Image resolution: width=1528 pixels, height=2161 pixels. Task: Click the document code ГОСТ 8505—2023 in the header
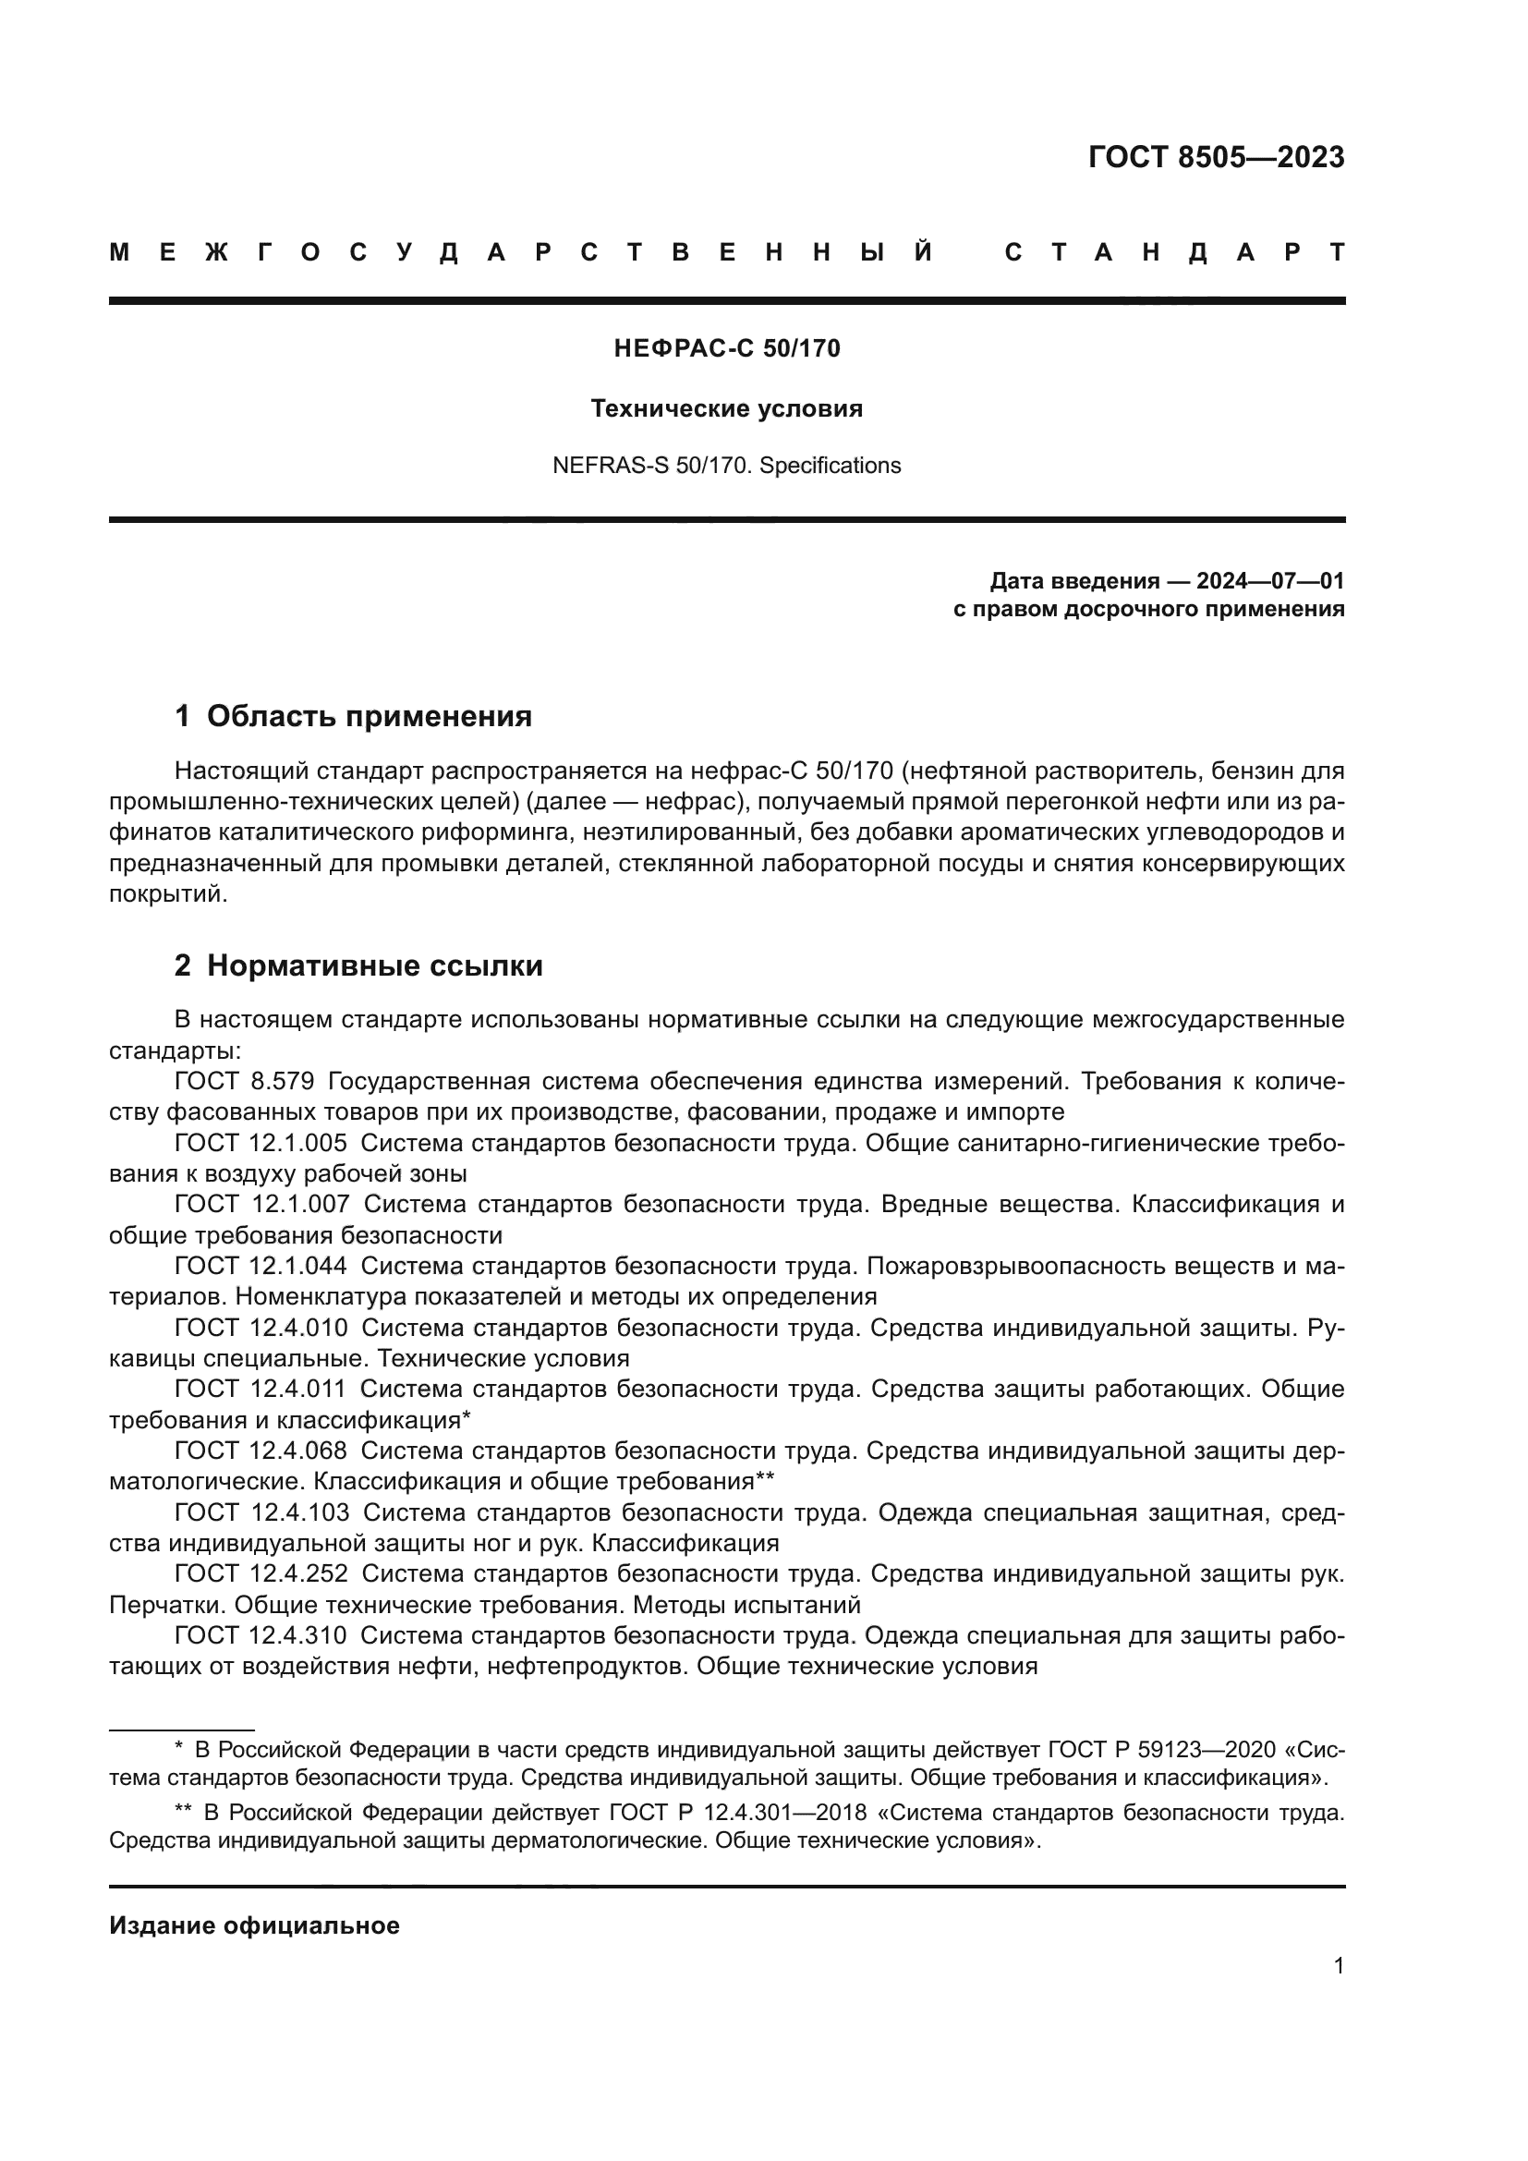click(x=1216, y=157)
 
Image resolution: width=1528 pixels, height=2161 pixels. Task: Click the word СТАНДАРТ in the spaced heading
click(x=1174, y=252)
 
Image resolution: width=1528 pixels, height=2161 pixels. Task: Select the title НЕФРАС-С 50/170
click(x=726, y=349)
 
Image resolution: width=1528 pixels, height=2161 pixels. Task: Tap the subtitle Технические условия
click(x=726, y=408)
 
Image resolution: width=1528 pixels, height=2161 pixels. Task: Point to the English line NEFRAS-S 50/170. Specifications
click(x=726, y=466)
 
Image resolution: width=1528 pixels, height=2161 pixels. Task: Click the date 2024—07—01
click(x=1270, y=581)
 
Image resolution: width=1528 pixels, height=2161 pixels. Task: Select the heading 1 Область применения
click(x=353, y=716)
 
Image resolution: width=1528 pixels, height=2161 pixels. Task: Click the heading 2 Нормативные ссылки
click(x=358, y=965)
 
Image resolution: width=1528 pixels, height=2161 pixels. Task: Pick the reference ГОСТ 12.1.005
click(x=261, y=1143)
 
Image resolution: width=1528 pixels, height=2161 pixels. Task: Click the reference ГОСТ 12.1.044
click(x=261, y=1266)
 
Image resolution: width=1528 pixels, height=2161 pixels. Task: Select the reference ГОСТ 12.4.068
click(x=261, y=1451)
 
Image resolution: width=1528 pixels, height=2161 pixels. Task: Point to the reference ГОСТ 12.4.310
click(x=261, y=1635)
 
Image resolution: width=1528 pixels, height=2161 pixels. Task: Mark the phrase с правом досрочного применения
click(x=1149, y=609)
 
